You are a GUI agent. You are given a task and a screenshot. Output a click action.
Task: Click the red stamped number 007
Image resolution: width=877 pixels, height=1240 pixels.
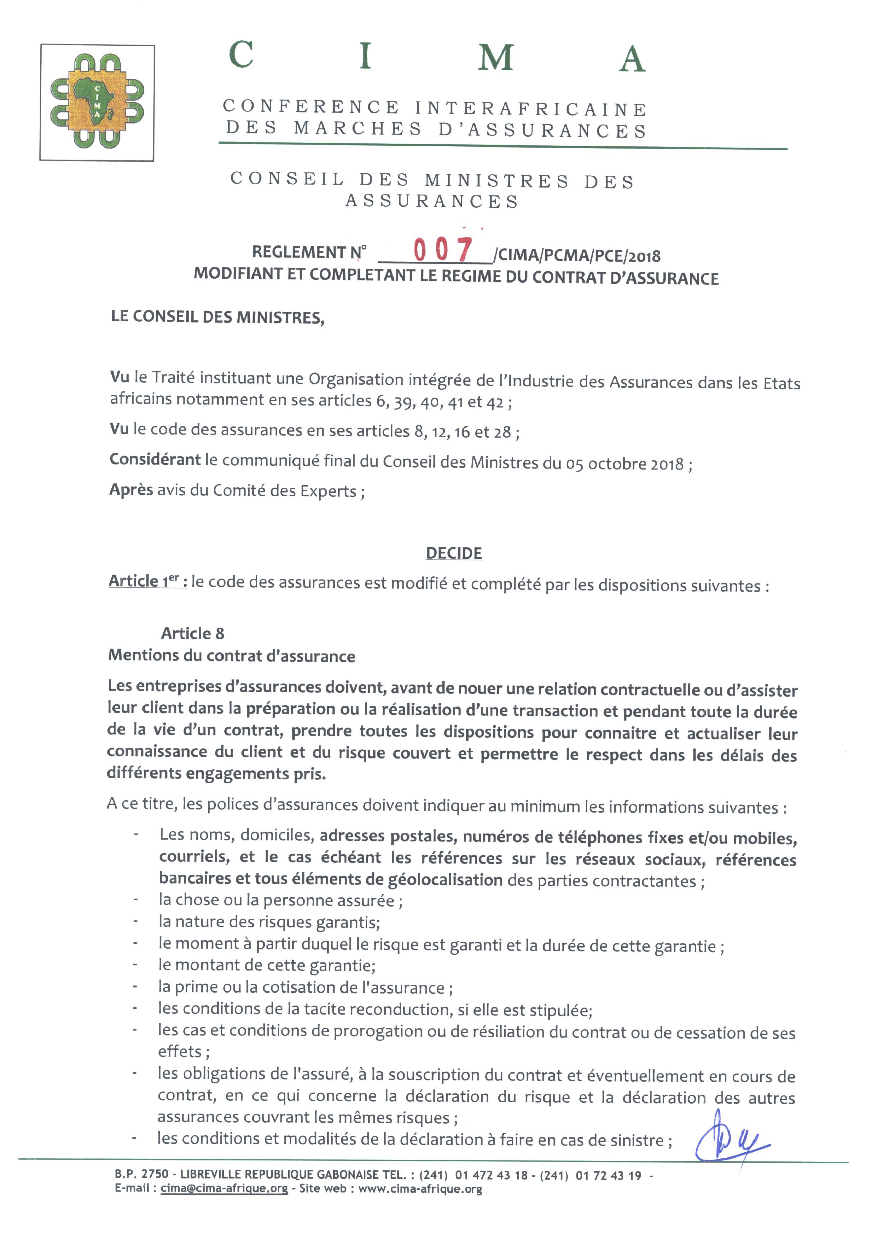(x=443, y=250)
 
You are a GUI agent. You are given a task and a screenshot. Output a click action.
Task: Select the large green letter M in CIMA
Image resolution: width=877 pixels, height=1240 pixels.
(x=495, y=57)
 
